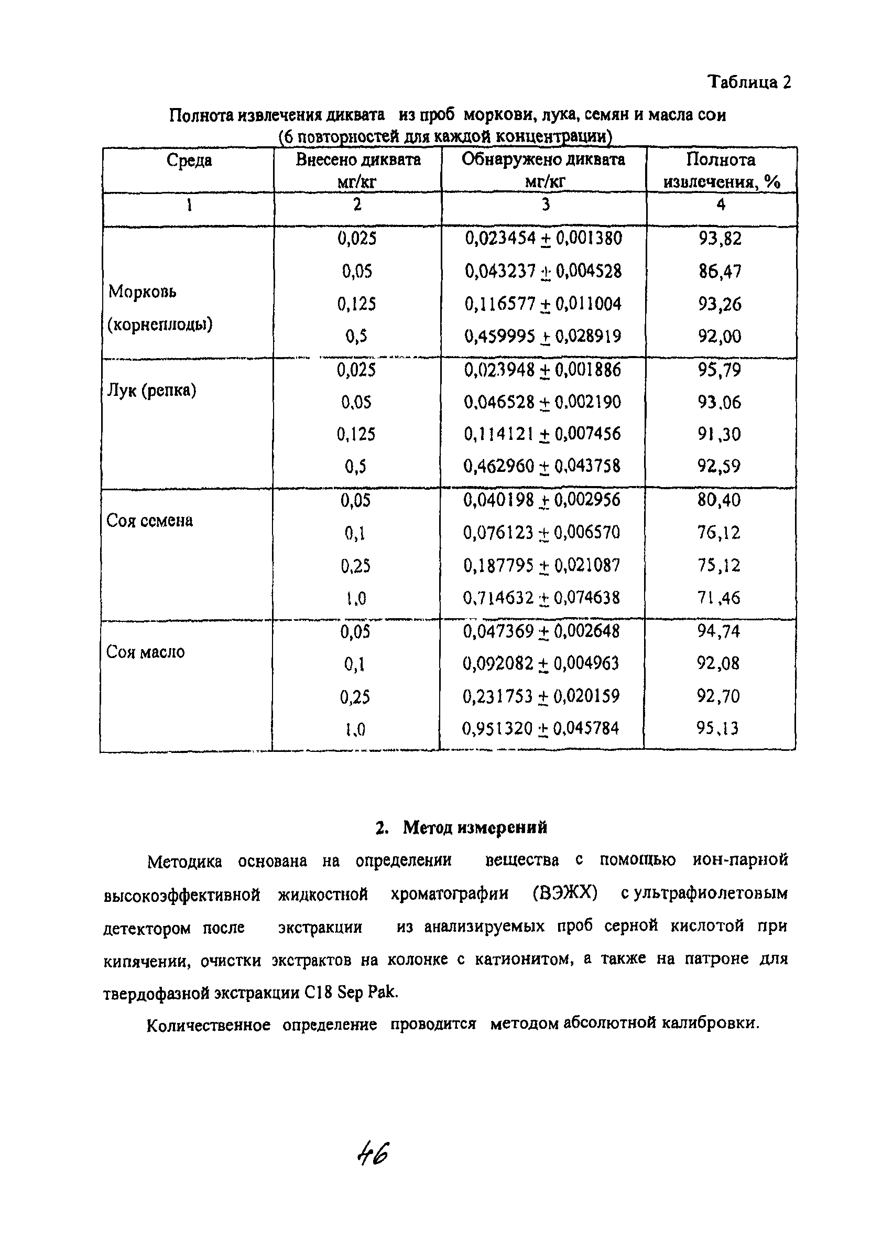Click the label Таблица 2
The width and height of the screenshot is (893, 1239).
point(749,82)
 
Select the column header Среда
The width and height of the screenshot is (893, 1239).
point(189,160)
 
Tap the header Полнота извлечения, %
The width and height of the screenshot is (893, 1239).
point(721,171)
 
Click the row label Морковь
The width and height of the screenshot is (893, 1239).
point(143,292)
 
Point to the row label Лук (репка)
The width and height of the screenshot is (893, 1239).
point(151,391)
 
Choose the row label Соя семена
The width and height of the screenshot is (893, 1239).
point(150,521)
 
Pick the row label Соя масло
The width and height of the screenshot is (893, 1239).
point(145,652)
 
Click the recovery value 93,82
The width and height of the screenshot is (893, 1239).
point(720,239)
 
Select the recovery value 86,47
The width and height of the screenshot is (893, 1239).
point(720,272)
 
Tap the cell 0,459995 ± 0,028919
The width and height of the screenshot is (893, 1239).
point(542,336)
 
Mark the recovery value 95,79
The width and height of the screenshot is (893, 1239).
point(720,370)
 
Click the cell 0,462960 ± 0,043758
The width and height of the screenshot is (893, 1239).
point(542,466)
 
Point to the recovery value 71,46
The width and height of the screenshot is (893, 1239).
point(719,598)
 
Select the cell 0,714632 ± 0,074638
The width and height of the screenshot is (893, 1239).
point(541,598)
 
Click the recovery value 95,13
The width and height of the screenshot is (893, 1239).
point(717,728)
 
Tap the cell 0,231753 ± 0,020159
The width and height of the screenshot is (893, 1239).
point(541,696)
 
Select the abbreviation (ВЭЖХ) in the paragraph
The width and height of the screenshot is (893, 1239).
point(565,895)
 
